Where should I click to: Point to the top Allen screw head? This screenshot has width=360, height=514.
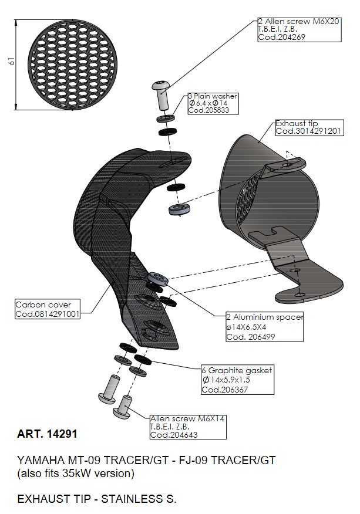162,86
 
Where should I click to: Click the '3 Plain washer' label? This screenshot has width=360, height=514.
213,96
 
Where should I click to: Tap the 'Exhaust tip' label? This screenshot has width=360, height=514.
297,124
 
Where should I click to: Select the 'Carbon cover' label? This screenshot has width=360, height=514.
43,305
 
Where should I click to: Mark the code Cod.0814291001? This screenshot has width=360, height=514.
48,314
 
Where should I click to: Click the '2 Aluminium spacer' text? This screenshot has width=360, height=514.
265,317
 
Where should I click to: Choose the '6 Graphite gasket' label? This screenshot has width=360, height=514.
237,371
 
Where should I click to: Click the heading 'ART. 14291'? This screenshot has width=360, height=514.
47,435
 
